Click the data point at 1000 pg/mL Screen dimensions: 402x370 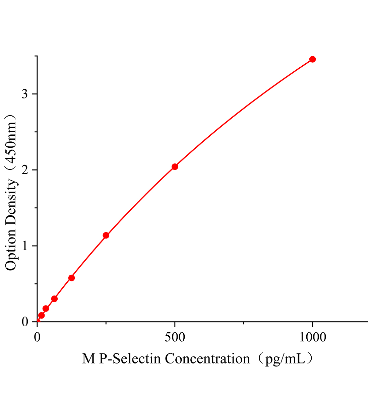(312, 59)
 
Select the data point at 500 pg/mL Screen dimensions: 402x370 (175, 167)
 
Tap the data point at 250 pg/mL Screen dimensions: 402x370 (106, 235)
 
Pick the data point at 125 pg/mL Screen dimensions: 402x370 (71, 278)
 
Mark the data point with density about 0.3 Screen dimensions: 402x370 (54, 298)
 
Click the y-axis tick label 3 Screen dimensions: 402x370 (25, 94)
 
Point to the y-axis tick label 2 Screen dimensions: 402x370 (25, 170)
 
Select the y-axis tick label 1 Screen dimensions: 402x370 (25, 246)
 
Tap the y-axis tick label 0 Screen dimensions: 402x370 (25, 322)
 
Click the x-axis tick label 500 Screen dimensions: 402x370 (175, 337)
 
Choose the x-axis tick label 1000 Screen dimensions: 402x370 (312, 337)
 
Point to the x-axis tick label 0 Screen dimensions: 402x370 (37, 337)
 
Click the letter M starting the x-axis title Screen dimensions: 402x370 (89, 359)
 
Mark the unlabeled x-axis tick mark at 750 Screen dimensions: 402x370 (244, 323)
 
